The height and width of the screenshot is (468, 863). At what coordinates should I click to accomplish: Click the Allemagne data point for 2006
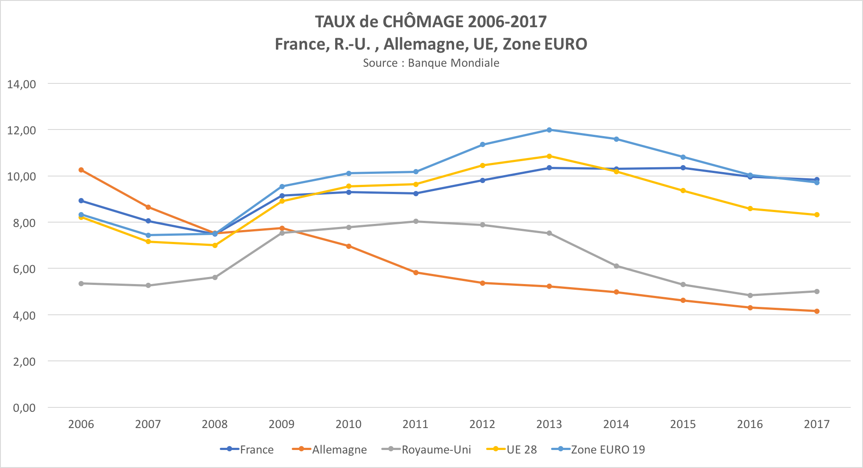coord(81,170)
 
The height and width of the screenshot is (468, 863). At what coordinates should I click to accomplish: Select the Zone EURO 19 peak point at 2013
coord(549,130)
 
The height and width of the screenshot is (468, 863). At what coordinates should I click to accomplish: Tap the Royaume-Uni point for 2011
coord(415,221)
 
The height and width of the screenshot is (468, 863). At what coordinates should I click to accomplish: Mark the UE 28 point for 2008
coord(215,245)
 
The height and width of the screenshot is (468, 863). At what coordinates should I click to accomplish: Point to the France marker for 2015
coord(683,168)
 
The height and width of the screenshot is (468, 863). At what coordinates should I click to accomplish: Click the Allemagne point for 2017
coord(817,311)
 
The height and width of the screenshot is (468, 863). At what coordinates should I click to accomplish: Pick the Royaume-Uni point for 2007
coord(148,285)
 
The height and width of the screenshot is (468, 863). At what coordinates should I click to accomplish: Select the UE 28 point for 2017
coord(817,215)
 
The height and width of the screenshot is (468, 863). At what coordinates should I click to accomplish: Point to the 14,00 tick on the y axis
coord(21,84)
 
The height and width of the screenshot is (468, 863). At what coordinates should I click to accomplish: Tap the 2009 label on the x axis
coord(282,424)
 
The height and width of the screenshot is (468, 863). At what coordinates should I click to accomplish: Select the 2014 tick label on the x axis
coord(616,424)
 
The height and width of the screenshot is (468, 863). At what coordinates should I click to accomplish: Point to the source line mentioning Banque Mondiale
coord(431,63)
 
